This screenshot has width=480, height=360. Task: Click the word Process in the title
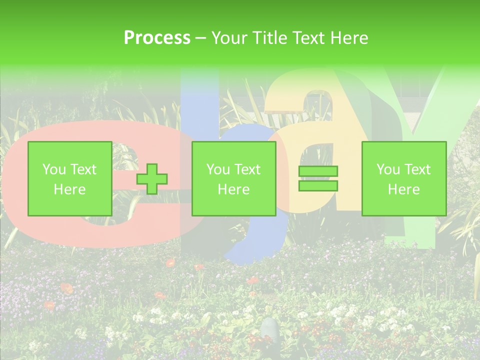157,38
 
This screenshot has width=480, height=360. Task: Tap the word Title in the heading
268,38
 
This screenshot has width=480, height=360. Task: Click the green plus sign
152,179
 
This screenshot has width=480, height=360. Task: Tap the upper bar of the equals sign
318,171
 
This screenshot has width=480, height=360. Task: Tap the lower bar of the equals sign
318,185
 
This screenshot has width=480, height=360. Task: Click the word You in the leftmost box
53,169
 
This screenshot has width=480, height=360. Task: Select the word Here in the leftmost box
69,189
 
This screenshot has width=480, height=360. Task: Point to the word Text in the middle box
247,169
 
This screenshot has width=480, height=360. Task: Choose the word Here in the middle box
233,189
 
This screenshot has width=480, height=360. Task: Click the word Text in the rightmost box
417,169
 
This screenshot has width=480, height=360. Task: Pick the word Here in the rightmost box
403,189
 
